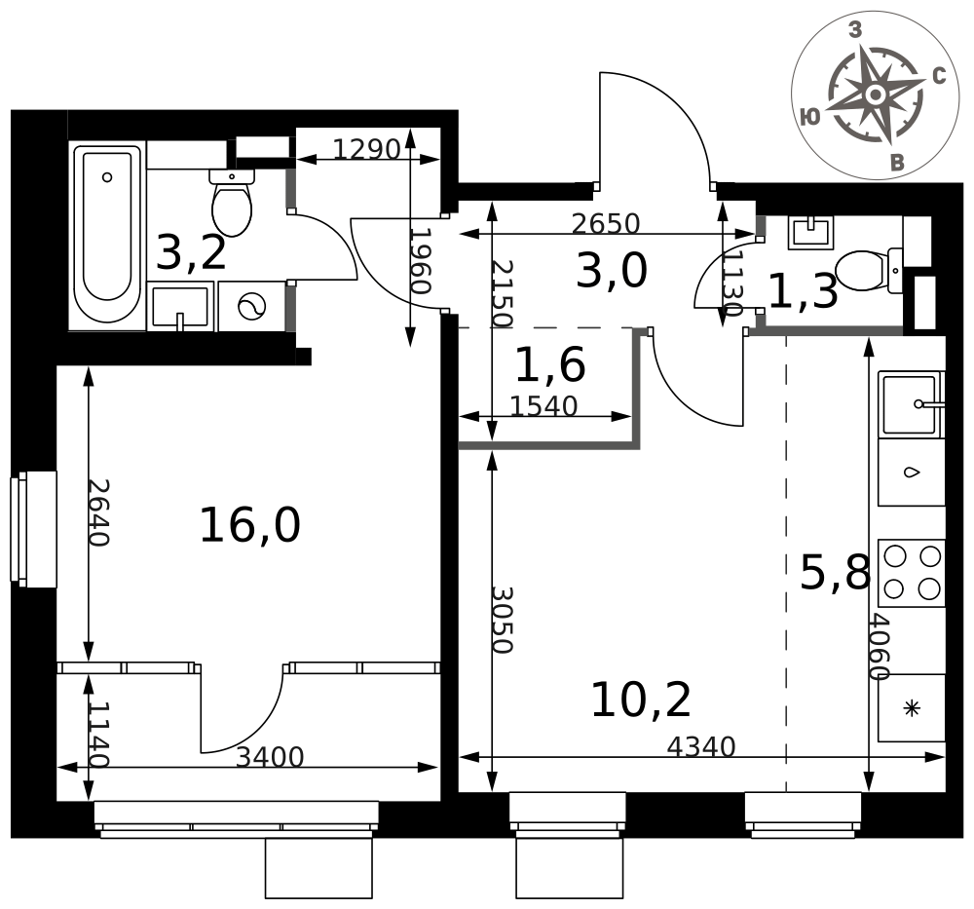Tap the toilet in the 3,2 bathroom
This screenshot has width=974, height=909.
tap(232, 202)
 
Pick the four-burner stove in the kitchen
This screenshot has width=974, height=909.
tap(912, 573)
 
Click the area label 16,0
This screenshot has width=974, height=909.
tap(249, 525)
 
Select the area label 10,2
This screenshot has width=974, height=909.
tap(641, 700)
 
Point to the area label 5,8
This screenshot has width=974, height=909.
tap(835, 573)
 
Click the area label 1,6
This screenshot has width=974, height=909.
tap(550, 364)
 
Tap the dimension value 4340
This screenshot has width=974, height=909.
tap(700, 746)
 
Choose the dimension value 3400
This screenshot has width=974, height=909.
tap(270, 757)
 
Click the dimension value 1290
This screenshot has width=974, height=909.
tap(366, 149)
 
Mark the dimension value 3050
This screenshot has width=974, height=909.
tap(502, 620)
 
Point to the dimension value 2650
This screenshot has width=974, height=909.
tap(606, 224)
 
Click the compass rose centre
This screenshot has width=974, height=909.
tap(876, 95)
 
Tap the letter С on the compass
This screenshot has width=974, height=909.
tap(939, 76)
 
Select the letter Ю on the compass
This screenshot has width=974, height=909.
tap(809, 117)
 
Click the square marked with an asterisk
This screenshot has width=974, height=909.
tap(912, 707)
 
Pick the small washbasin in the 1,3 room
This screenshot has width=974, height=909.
tap(811, 233)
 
